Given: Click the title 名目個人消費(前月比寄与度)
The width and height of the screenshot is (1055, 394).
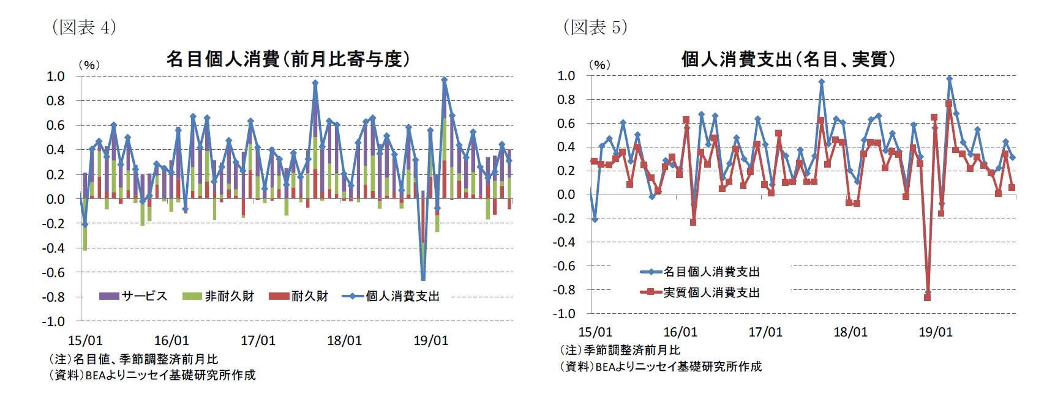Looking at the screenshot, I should pyautogui.click(x=288, y=59).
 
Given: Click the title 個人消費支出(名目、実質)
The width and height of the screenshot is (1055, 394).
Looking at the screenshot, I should pyautogui.click(x=789, y=59).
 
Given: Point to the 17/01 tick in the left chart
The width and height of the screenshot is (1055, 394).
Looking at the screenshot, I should pyautogui.click(x=258, y=341).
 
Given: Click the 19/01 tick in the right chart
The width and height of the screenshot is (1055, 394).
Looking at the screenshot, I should pyautogui.click(x=936, y=332).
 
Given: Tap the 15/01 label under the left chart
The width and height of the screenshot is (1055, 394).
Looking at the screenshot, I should pyautogui.click(x=84, y=341).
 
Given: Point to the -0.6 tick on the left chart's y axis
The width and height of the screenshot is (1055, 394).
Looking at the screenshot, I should pyautogui.click(x=53, y=272).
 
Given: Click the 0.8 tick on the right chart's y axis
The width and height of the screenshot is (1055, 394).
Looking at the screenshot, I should pyautogui.click(x=565, y=99).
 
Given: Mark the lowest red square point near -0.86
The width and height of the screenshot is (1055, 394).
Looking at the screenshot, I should pyautogui.click(x=927, y=297).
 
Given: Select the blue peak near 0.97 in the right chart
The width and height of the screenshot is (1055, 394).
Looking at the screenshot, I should pyautogui.click(x=949, y=79).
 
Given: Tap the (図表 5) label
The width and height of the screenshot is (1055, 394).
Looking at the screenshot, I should pyautogui.click(x=595, y=28).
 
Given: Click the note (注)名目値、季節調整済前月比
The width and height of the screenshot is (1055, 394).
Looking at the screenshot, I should pyautogui.click(x=133, y=359).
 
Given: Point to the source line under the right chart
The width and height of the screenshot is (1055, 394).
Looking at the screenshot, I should pyautogui.click(x=661, y=366).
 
